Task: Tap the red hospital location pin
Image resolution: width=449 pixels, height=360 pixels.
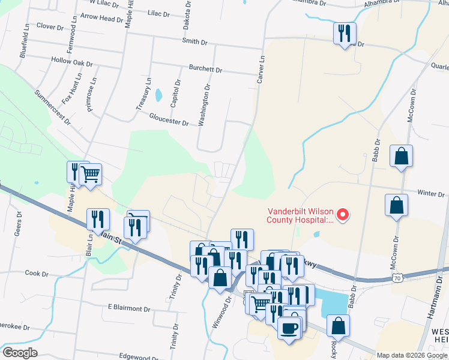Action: click(x=343, y=214)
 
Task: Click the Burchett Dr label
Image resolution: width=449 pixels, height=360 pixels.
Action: click(x=205, y=69)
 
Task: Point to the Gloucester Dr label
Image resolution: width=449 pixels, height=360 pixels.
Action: click(x=169, y=119)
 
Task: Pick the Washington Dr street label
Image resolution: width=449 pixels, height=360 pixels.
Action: click(x=205, y=103)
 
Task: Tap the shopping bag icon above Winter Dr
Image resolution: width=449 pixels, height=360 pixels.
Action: click(x=400, y=157)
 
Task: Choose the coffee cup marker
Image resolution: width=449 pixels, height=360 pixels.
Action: click(x=290, y=329)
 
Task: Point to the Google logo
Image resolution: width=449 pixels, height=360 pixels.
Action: click(x=20, y=353)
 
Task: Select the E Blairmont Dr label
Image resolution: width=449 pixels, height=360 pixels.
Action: click(x=129, y=308)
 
